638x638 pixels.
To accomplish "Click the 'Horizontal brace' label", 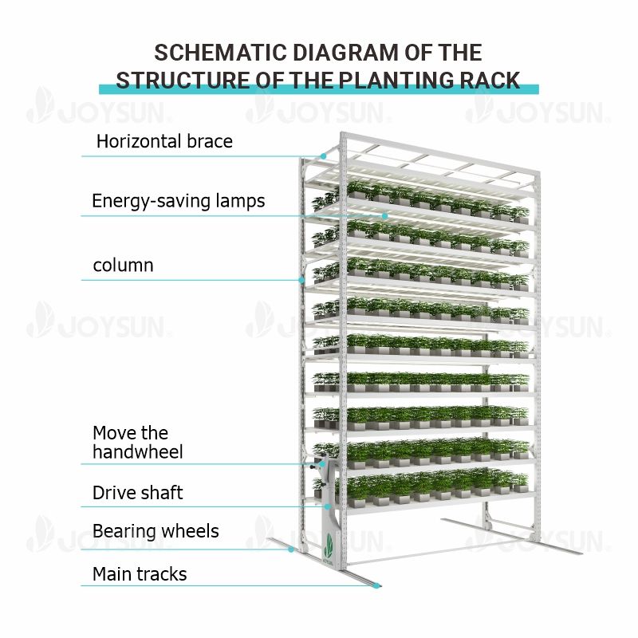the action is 164,142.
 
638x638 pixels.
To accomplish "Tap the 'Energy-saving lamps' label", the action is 178,200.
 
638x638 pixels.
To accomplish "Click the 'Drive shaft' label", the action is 137,493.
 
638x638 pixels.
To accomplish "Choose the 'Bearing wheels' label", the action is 156,531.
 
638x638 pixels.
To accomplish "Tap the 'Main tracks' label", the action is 140,574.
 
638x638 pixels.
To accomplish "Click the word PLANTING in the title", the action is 381,81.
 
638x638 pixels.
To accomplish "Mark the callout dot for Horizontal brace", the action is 324,156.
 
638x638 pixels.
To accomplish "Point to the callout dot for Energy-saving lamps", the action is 384,215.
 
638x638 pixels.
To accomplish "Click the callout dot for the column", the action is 301,280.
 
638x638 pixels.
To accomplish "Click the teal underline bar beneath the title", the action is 318,89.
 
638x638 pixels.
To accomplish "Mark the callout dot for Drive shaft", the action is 327,506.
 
